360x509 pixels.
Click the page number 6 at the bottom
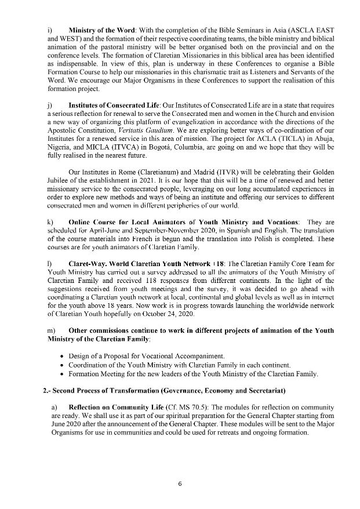click(x=180, y=484)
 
